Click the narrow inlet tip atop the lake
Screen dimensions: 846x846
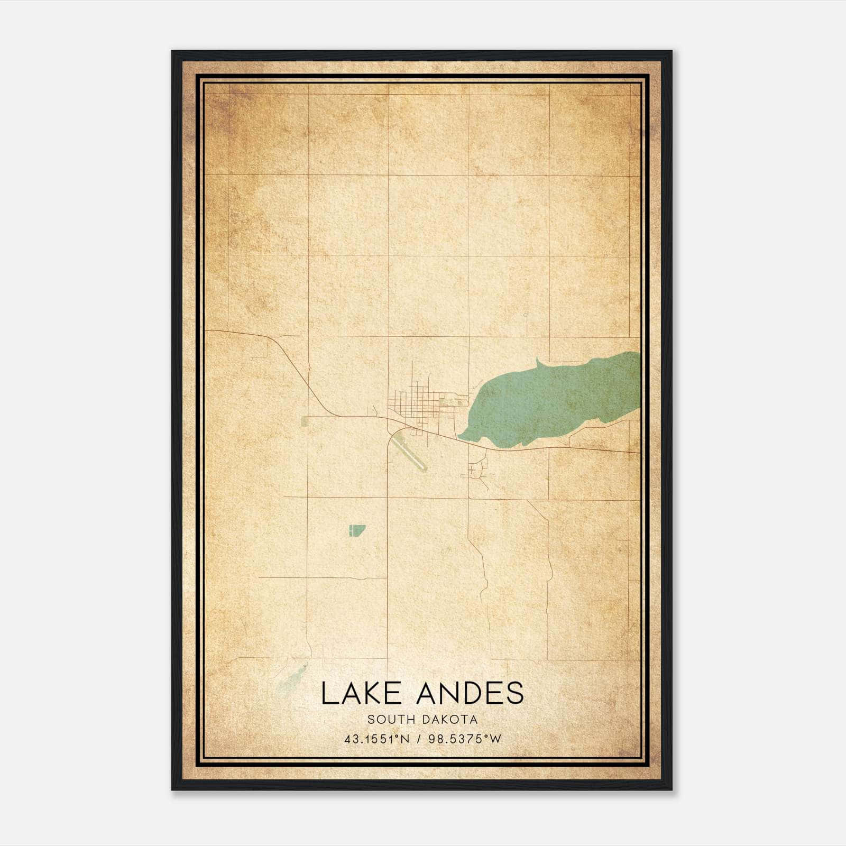(x=538, y=361)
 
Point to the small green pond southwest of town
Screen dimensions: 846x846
(x=356, y=530)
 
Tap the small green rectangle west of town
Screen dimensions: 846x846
(x=304, y=421)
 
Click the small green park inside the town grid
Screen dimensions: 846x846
(x=446, y=403)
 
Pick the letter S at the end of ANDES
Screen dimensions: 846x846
(x=514, y=694)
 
